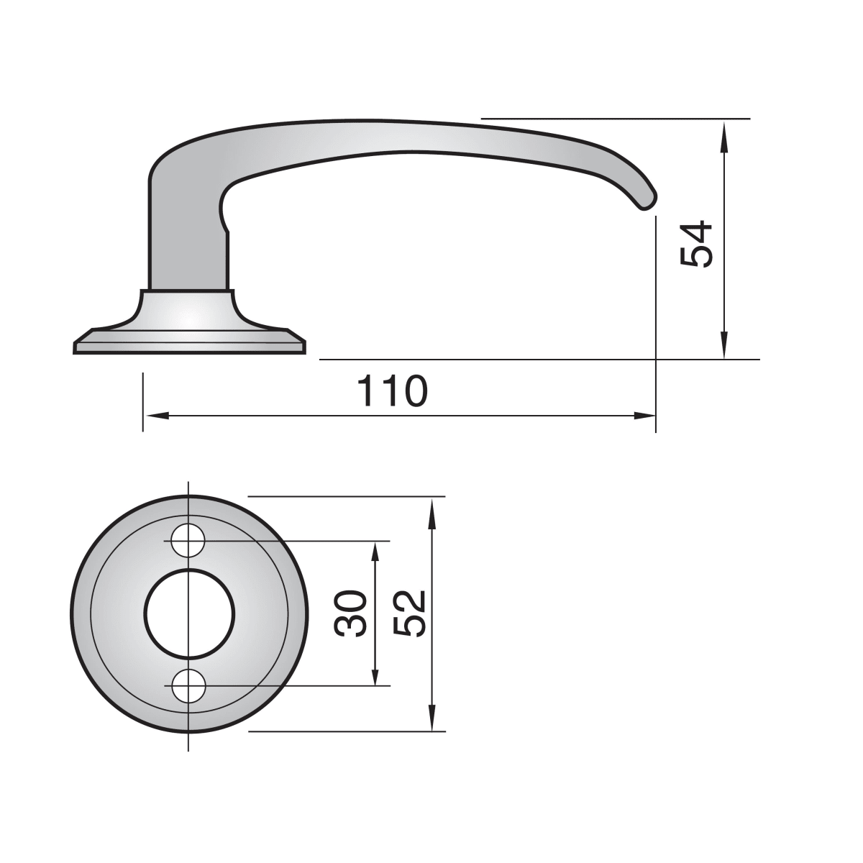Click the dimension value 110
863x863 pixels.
point(393,391)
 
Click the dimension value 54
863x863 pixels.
point(695,244)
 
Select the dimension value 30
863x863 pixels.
point(350,613)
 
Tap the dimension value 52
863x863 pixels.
point(408,613)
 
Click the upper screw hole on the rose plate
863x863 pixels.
point(188,541)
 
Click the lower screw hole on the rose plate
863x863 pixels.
point(188,685)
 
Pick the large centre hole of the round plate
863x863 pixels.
point(189,613)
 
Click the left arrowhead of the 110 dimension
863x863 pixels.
point(157,416)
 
